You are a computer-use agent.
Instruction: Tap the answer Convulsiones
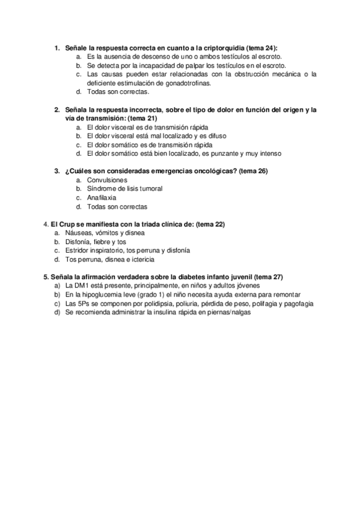point(107,180)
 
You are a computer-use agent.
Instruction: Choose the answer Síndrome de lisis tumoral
point(124,189)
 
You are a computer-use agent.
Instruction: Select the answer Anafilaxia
point(102,197)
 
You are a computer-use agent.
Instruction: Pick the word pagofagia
point(296,304)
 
